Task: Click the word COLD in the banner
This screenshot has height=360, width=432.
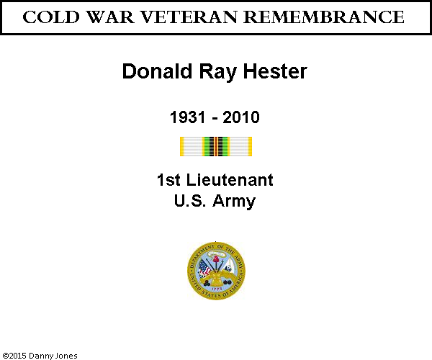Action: [51, 17]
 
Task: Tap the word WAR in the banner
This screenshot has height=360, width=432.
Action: [110, 17]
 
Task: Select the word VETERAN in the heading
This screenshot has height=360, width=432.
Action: [189, 17]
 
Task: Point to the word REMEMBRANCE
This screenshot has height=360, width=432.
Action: [324, 17]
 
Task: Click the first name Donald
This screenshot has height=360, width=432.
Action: [157, 71]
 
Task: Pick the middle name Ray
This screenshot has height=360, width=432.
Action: [217, 72]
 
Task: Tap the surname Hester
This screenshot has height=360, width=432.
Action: [275, 71]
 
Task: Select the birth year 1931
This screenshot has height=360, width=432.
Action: [188, 117]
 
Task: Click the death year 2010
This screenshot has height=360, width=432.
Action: [241, 117]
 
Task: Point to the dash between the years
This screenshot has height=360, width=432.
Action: [215, 119]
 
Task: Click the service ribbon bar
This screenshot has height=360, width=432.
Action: [216, 147]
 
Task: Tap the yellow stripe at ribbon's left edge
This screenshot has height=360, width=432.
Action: [182, 147]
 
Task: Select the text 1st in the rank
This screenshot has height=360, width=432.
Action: [168, 180]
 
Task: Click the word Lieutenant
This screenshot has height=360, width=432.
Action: [230, 180]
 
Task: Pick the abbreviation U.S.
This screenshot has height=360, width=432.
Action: [190, 201]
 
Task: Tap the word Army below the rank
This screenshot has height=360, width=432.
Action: [234, 202]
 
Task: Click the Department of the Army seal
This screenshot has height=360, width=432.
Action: [216, 271]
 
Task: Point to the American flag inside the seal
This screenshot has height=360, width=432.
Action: [204, 269]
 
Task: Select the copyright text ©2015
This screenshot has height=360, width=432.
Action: [14, 356]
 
